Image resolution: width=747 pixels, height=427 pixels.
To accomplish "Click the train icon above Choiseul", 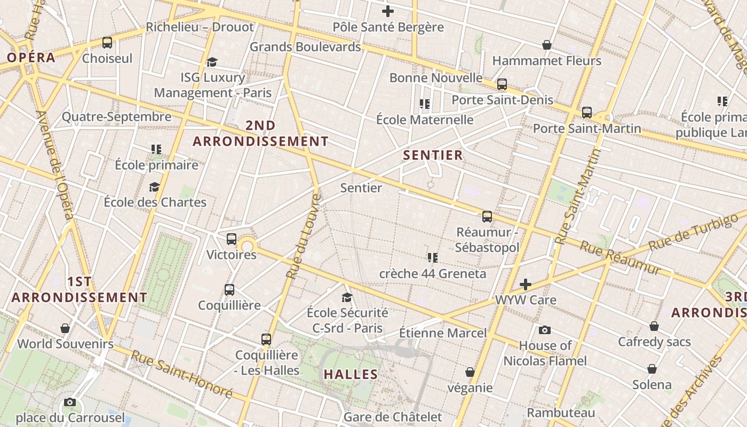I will click(107, 43).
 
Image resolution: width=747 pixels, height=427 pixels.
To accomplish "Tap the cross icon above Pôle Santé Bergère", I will click(388, 11).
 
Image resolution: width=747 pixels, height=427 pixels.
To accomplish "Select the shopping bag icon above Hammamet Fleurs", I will click(547, 45).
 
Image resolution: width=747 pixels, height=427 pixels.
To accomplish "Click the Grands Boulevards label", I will click(305, 47).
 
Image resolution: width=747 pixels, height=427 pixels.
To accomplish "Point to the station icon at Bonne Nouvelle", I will click(502, 84).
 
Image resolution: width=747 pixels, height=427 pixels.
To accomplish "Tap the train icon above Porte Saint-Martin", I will click(587, 113).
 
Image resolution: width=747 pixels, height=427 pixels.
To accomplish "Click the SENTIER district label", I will click(433, 155).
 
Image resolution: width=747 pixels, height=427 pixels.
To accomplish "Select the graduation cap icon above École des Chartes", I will click(155, 187).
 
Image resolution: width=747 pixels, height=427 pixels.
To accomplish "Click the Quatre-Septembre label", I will click(117, 117).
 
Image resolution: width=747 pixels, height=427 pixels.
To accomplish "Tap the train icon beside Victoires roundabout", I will click(232, 239).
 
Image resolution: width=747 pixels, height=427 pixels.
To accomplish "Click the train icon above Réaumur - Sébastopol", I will click(487, 217).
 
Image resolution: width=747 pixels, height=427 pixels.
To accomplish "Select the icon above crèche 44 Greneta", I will click(433, 258).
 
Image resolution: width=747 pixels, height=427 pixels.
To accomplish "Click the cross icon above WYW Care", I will click(526, 284).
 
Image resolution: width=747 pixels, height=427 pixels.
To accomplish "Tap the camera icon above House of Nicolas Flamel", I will click(545, 330).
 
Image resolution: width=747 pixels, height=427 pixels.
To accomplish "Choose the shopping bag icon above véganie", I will click(470, 372).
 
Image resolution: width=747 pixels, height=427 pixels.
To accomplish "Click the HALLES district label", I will click(351, 374).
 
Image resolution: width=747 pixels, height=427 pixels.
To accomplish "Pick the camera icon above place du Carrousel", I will click(70, 402).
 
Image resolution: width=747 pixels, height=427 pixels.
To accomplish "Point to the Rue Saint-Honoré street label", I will click(182, 374).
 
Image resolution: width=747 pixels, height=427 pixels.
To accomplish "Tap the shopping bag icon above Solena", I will click(652, 369).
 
